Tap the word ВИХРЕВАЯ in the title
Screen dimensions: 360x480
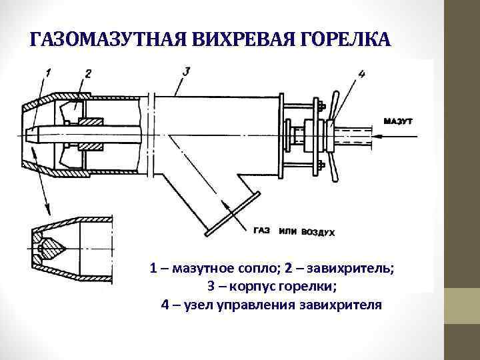click(227, 40)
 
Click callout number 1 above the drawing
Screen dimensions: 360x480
click(49, 71)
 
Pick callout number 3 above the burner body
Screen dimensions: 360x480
click(186, 70)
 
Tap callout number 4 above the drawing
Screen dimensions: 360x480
click(361, 74)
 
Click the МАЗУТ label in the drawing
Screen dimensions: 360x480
click(399, 122)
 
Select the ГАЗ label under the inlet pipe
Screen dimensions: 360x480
click(261, 231)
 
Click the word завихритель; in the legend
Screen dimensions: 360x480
click(354, 269)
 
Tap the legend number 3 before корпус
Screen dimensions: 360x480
click(212, 287)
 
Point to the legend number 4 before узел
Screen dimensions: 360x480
click(165, 305)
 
